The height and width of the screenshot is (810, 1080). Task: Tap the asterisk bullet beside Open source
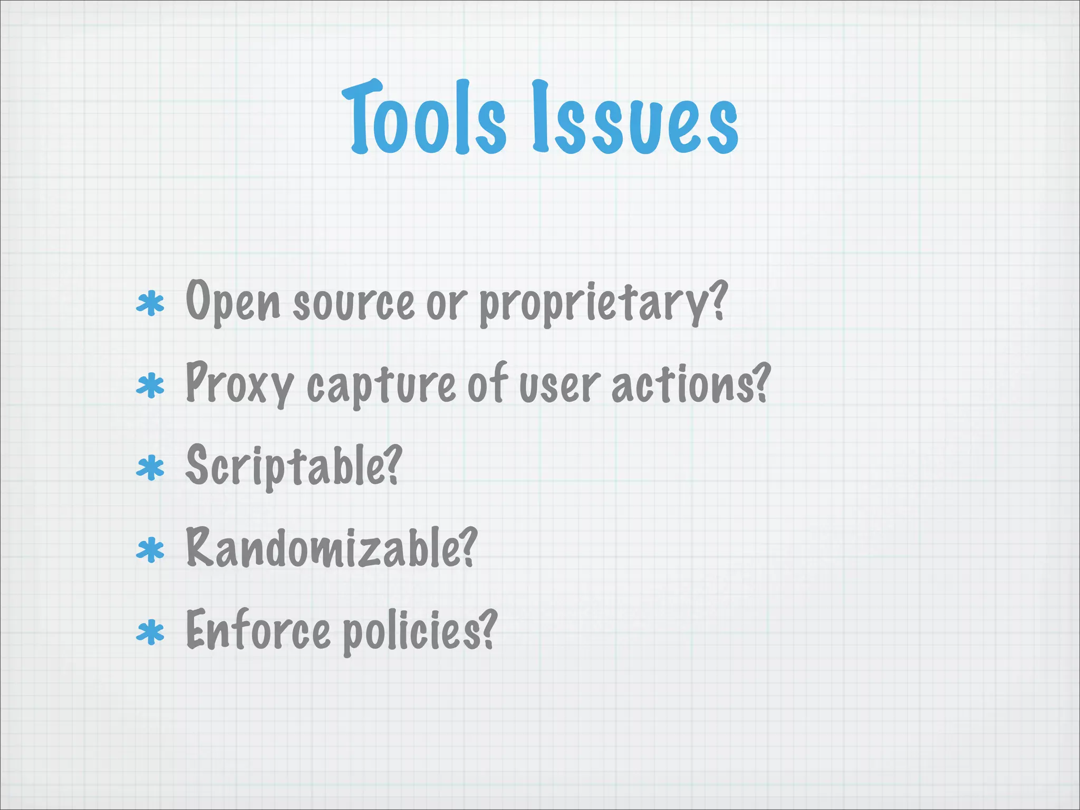coord(151,304)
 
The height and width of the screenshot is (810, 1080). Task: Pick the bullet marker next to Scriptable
coord(151,468)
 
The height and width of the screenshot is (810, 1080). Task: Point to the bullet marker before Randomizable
coord(151,550)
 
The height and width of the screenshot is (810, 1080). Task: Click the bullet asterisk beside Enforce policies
coord(151,632)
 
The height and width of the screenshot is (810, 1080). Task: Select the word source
coord(353,305)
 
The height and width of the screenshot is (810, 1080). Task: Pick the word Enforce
coord(258,631)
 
